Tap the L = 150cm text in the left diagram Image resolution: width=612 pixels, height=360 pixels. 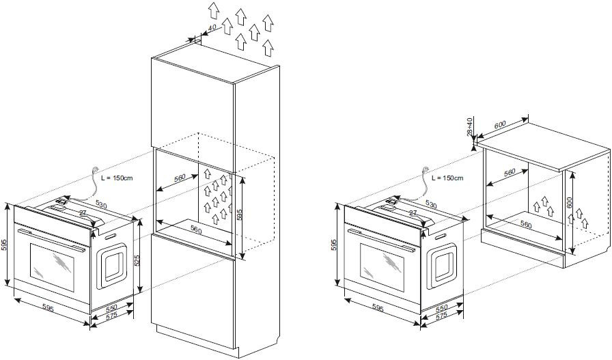117,178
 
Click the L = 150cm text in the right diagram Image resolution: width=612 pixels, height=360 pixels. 447,178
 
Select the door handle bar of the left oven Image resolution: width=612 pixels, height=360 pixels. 51,236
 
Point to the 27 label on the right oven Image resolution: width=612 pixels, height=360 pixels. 413,214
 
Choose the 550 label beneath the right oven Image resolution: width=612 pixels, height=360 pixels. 442,309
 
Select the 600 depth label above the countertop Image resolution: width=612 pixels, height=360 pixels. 499,124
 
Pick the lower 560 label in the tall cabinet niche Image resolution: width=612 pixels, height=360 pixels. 196,229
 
